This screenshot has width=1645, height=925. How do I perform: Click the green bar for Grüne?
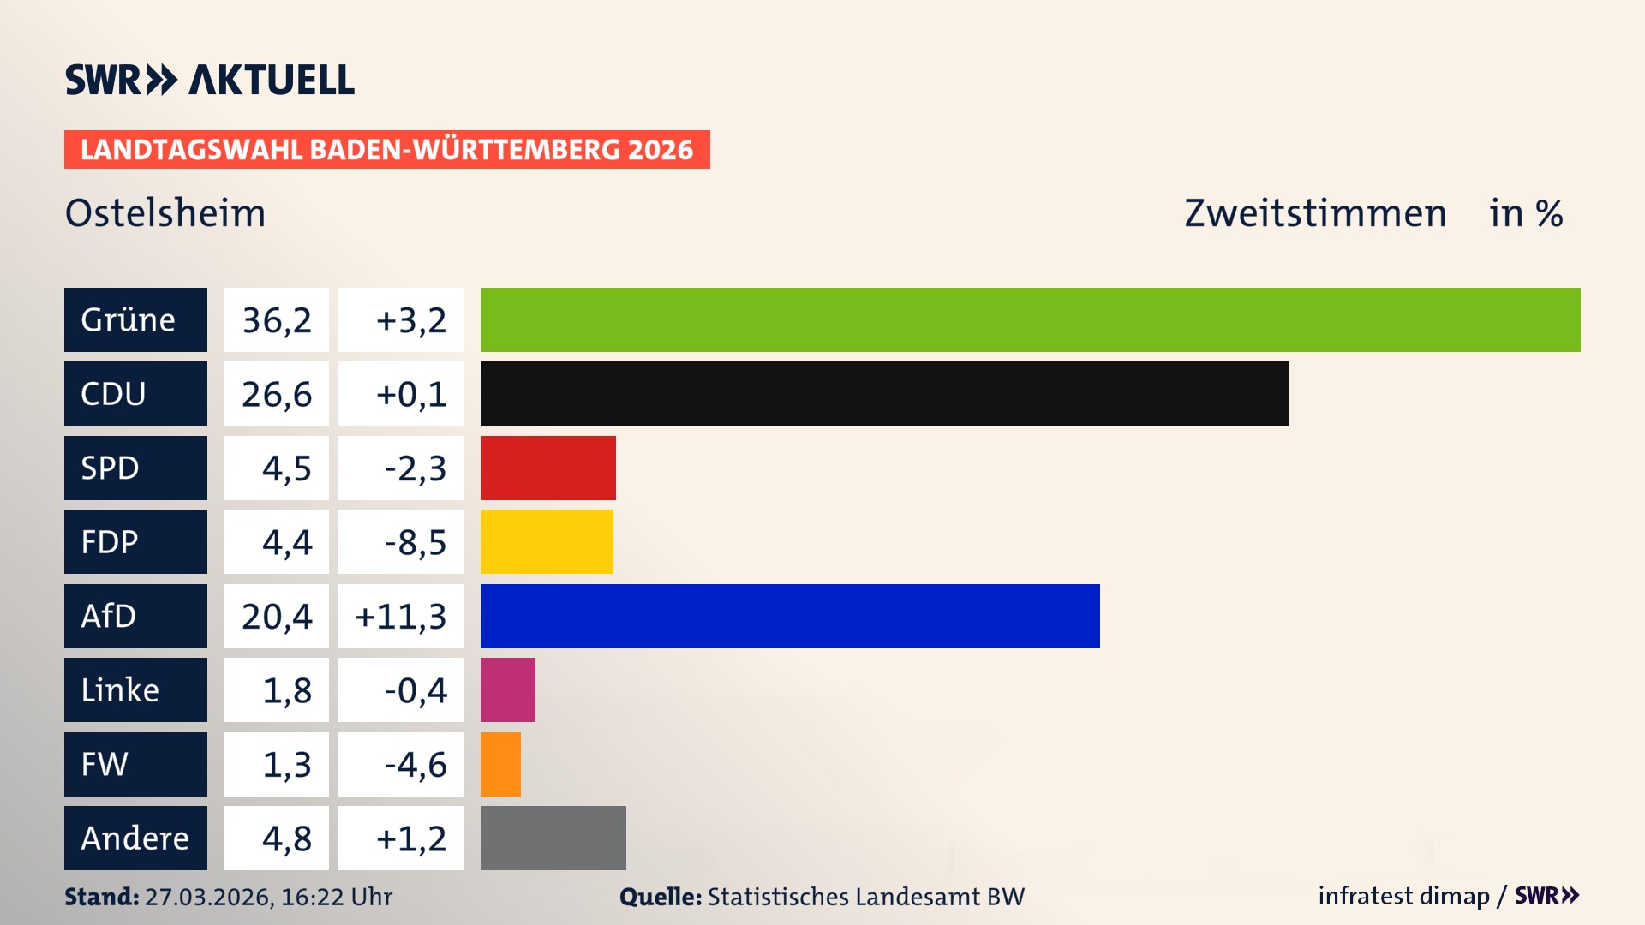(x=1030, y=319)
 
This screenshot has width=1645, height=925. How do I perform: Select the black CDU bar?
(x=884, y=394)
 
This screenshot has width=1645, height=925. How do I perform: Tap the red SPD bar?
(x=548, y=468)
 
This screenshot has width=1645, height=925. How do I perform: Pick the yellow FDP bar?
(x=547, y=541)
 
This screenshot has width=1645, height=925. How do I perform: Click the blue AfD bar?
(x=790, y=616)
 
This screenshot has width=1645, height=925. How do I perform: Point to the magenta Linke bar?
(x=508, y=689)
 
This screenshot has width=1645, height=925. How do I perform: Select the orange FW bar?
(x=500, y=764)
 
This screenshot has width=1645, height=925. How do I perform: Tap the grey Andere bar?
(x=553, y=838)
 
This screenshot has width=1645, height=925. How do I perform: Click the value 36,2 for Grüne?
(x=276, y=320)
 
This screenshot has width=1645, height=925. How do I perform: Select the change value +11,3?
(x=400, y=617)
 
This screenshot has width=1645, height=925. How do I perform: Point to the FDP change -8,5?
(x=415, y=542)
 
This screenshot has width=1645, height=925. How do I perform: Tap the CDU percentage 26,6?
(x=276, y=394)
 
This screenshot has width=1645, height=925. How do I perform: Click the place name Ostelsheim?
(x=165, y=213)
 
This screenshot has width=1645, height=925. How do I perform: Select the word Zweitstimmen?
(x=1315, y=213)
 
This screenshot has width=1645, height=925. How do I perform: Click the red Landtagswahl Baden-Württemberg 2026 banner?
(x=386, y=150)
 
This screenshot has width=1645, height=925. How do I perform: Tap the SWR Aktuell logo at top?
(x=209, y=80)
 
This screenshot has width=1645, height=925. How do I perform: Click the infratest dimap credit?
(x=1403, y=896)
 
